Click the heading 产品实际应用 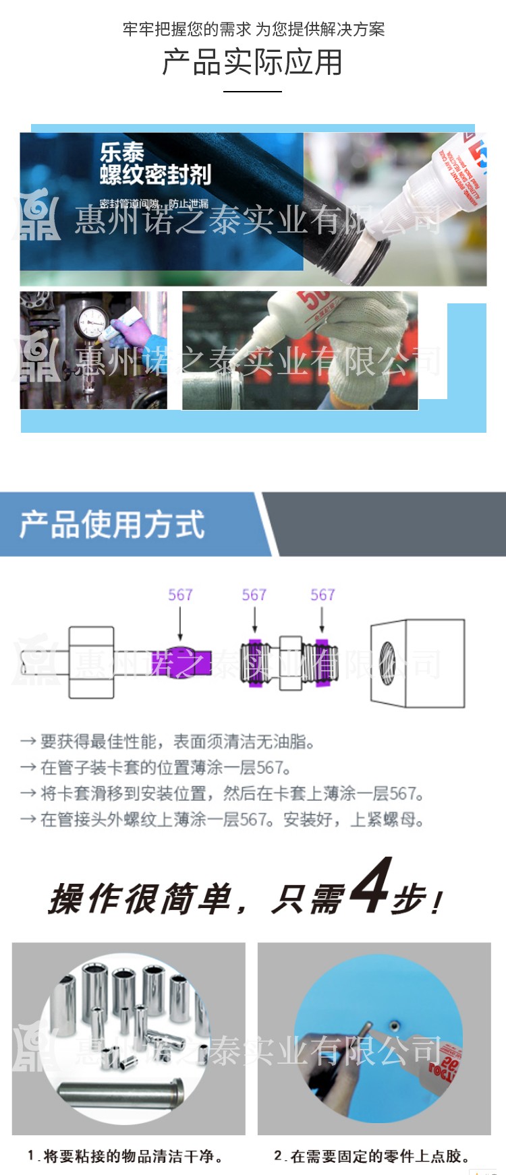252,63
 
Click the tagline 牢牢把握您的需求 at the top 187,30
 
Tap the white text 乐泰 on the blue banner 122,152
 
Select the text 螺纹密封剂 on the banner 155,175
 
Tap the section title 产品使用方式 112,524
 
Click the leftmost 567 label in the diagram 180,595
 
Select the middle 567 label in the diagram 254,595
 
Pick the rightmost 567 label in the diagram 322,595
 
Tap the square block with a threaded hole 418,663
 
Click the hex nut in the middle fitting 290,663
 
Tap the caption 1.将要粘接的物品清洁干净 125,1156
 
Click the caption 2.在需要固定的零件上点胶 372,1156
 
